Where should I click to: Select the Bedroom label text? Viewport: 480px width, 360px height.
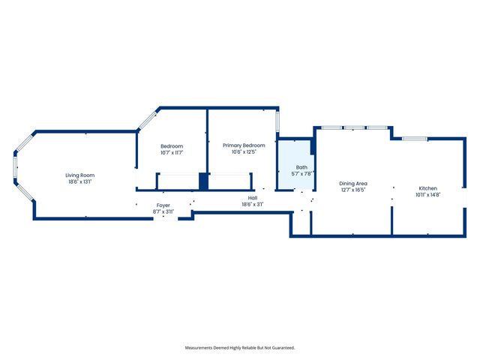click(172, 145)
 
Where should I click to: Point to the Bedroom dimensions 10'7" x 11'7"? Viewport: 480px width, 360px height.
click(172, 152)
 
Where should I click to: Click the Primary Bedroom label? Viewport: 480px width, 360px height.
click(244, 145)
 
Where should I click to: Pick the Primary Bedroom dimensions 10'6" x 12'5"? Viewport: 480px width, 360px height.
click(244, 151)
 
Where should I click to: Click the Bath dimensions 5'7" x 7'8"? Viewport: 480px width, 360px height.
click(301, 173)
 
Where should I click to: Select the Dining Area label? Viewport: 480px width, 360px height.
click(352, 183)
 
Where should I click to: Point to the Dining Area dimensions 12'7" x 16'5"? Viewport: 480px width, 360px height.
click(352, 190)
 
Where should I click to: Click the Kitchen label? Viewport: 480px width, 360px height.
click(427, 188)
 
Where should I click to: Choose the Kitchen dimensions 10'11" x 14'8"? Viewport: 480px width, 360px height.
click(427, 195)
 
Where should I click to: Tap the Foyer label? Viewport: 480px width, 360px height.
click(163, 205)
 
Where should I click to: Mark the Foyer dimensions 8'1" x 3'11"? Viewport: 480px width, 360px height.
click(163, 211)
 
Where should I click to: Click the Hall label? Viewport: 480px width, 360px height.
click(253, 198)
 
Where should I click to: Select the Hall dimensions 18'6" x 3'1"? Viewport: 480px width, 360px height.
click(253, 205)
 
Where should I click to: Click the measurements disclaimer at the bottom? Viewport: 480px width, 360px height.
click(240, 347)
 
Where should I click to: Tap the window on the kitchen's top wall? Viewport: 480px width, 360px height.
click(415, 139)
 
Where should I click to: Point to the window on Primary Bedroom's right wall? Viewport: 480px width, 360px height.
click(277, 121)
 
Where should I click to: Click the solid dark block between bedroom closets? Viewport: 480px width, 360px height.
click(202, 181)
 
